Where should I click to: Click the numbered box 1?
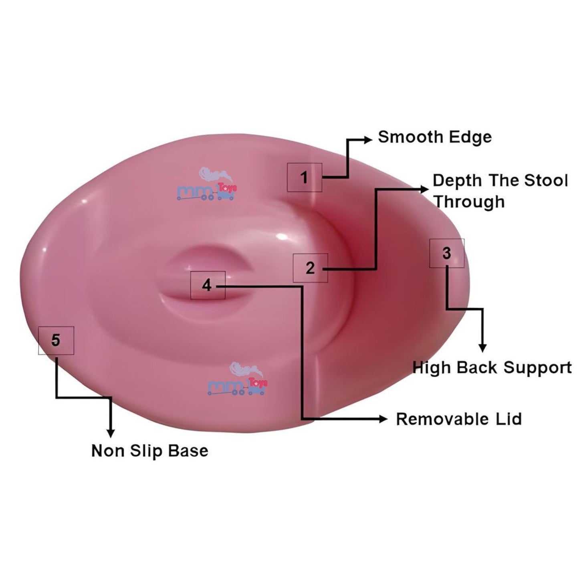(x=305, y=177)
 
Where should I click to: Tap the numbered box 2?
(x=310, y=268)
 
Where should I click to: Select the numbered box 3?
(x=447, y=253)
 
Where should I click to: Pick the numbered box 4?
(x=208, y=285)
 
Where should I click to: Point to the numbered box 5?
(x=56, y=340)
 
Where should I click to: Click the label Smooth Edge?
(x=435, y=137)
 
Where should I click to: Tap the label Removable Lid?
(x=459, y=419)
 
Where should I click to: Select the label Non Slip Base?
(x=150, y=451)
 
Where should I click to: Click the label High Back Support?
(x=492, y=367)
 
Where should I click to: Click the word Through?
(x=469, y=202)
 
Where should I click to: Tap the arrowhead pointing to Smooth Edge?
(x=368, y=139)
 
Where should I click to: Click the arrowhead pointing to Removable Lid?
(x=383, y=419)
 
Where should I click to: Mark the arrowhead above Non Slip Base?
(x=111, y=433)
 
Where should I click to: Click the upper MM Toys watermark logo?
(x=207, y=185)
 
